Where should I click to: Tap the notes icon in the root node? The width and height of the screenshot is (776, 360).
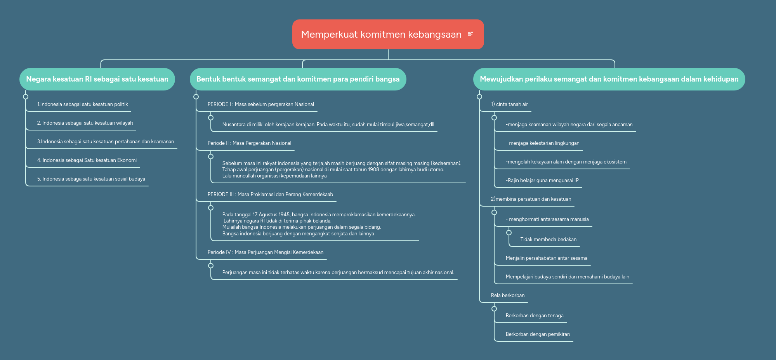point(470,34)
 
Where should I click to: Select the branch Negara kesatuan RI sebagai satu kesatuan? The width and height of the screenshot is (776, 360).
point(97,79)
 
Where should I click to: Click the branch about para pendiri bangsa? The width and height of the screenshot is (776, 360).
point(298,79)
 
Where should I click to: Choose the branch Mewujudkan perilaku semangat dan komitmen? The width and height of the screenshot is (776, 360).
point(609,79)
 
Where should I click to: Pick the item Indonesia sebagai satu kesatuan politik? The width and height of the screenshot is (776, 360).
point(82,104)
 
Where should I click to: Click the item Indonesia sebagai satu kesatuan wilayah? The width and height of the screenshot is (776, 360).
point(85,123)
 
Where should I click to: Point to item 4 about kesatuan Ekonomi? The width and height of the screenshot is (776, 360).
point(87,160)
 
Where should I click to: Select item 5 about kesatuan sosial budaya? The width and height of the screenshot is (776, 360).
point(91,179)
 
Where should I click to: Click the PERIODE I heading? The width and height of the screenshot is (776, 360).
point(260,104)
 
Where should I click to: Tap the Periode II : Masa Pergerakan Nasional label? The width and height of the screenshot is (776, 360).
point(249,143)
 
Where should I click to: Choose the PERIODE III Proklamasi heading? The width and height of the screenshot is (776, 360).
point(270,195)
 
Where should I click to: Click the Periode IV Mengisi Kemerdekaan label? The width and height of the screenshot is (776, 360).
point(265,252)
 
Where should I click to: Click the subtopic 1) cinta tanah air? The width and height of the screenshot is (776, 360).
point(509,104)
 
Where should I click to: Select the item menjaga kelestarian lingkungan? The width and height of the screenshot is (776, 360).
point(542,143)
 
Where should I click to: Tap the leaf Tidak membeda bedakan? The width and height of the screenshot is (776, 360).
point(548,240)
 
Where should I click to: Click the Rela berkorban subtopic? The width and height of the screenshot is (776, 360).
point(507,296)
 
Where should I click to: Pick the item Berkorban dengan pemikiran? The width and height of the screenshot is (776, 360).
point(538,334)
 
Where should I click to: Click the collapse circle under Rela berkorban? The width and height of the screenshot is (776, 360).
point(494,309)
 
